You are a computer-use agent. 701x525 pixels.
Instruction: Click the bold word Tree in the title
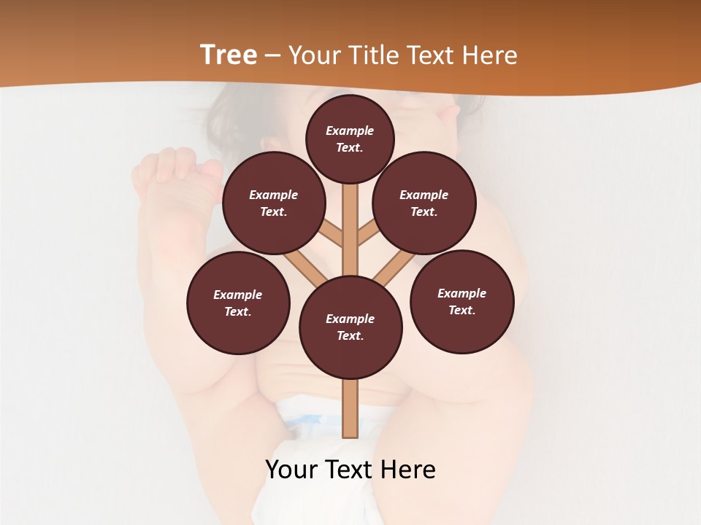coord(229,55)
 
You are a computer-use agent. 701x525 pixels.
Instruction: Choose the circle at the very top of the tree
coord(350,139)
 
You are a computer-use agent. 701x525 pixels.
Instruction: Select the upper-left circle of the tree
coord(273,203)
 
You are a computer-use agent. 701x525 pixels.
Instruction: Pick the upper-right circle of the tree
coord(424,203)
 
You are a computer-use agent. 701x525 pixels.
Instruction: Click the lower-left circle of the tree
coord(238,303)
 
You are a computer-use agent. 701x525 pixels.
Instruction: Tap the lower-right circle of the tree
coord(461,302)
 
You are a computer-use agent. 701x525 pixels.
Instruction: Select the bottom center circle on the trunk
coord(350,327)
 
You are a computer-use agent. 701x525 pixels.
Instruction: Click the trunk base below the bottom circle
coord(350,408)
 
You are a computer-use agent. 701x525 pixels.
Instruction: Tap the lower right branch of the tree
coord(394,268)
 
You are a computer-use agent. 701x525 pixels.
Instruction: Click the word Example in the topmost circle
coord(350,131)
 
